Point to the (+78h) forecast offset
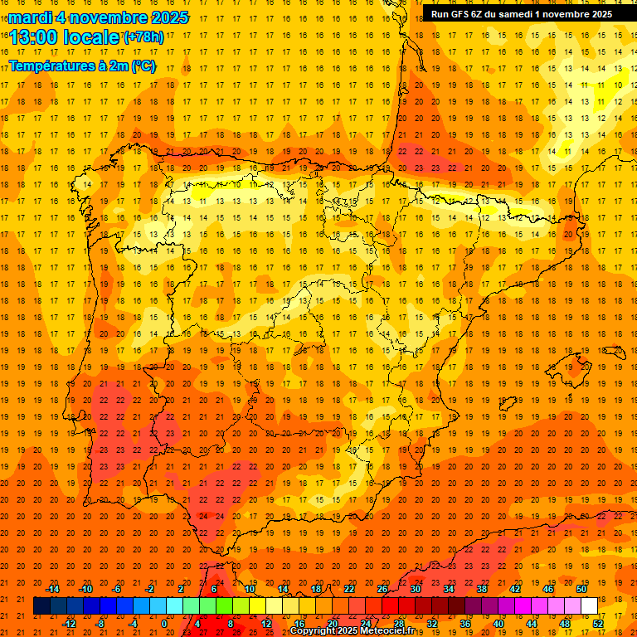click(x=143, y=36)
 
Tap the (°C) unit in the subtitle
click(x=143, y=66)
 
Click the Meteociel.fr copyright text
click(x=352, y=631)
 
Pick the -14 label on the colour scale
click(x=53, y=589)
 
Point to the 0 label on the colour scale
click(x=164, y=624)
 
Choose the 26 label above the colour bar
click(x=382, y=589)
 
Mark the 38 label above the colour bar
click(x=482, y=589)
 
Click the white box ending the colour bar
click(x=589, y=606)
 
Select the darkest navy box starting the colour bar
click(x=41, y=606)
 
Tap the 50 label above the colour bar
click(x=581, y=589)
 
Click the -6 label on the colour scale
click(x=118, y=589)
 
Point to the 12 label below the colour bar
click(x=266, y=624)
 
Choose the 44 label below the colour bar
click(x=532, y=624)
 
